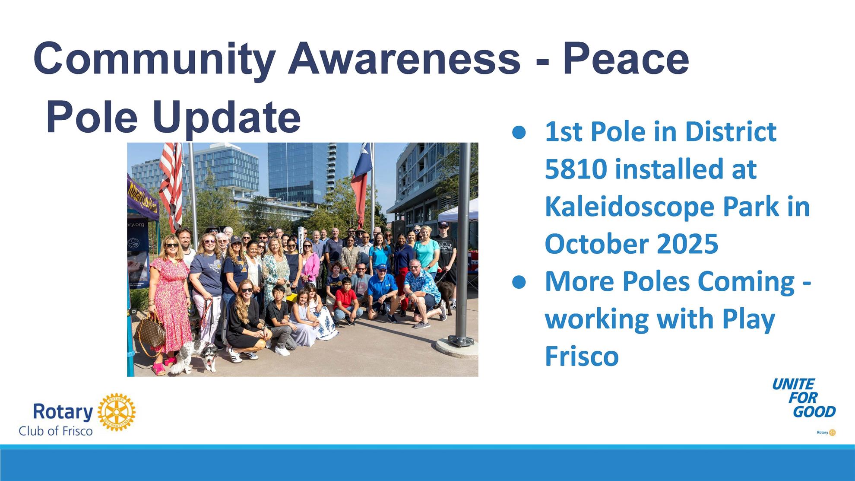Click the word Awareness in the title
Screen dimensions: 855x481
(404, 58)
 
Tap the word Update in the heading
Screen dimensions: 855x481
(226, 118)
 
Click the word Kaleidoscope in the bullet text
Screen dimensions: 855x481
(630, 206)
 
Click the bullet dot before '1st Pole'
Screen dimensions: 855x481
(519, 133)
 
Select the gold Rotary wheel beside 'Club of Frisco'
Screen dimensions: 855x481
(116, 412)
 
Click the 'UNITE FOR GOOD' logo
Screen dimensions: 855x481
(804, 398)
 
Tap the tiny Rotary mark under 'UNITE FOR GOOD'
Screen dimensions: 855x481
(826, 432)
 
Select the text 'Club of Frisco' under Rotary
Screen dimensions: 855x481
(56, 430)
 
